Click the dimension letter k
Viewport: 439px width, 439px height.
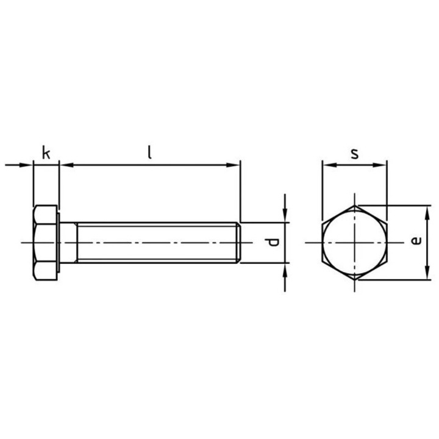point(46,152)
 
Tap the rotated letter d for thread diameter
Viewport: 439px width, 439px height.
point(274,243)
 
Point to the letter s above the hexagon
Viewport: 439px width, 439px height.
point(354,152)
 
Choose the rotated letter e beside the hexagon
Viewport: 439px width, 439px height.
point(416,242)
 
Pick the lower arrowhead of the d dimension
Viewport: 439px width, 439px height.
point(285,270)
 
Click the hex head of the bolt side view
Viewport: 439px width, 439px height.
point(45,243)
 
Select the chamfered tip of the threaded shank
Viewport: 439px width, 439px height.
point(238,243)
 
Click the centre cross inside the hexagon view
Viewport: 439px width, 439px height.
point(354,243)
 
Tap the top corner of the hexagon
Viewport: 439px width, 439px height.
point(354,206)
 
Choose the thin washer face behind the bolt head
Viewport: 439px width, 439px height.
point(59,243)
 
